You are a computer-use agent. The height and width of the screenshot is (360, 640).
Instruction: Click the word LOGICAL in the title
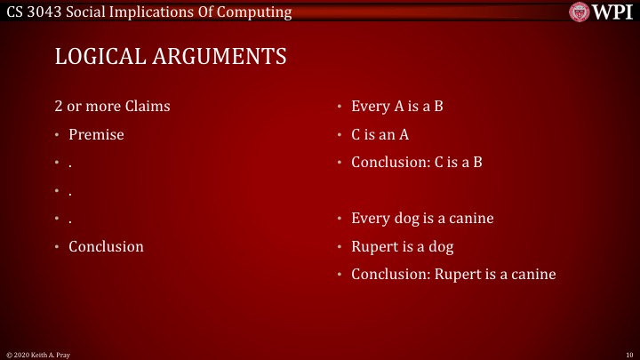[x=95, y=57]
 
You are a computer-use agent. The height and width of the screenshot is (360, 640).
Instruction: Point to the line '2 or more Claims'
[x=112, y=107]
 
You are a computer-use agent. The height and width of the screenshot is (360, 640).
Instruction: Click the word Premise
[x=96, y=135]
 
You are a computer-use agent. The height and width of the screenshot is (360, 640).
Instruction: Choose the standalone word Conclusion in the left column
[x=106, y=246]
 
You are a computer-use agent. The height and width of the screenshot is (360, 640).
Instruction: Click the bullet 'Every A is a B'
[x=397, y=107]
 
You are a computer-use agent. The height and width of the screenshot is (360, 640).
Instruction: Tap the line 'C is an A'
[x=380, y=135]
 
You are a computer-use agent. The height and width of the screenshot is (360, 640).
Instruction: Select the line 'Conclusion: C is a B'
[x=416, y=163]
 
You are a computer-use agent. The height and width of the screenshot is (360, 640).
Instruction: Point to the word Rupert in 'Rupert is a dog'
[x=372, y=246]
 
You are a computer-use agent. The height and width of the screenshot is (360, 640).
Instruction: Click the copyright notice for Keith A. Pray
[x=36, y=355]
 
